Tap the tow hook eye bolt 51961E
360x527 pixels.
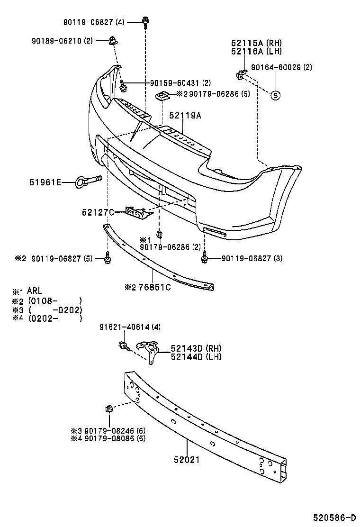pos(89,181)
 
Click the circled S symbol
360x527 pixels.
pos(276,95)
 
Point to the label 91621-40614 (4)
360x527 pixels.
pos(124,327)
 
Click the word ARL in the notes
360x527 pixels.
pos(35,291)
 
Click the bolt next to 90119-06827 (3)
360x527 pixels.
pos(205,258)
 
